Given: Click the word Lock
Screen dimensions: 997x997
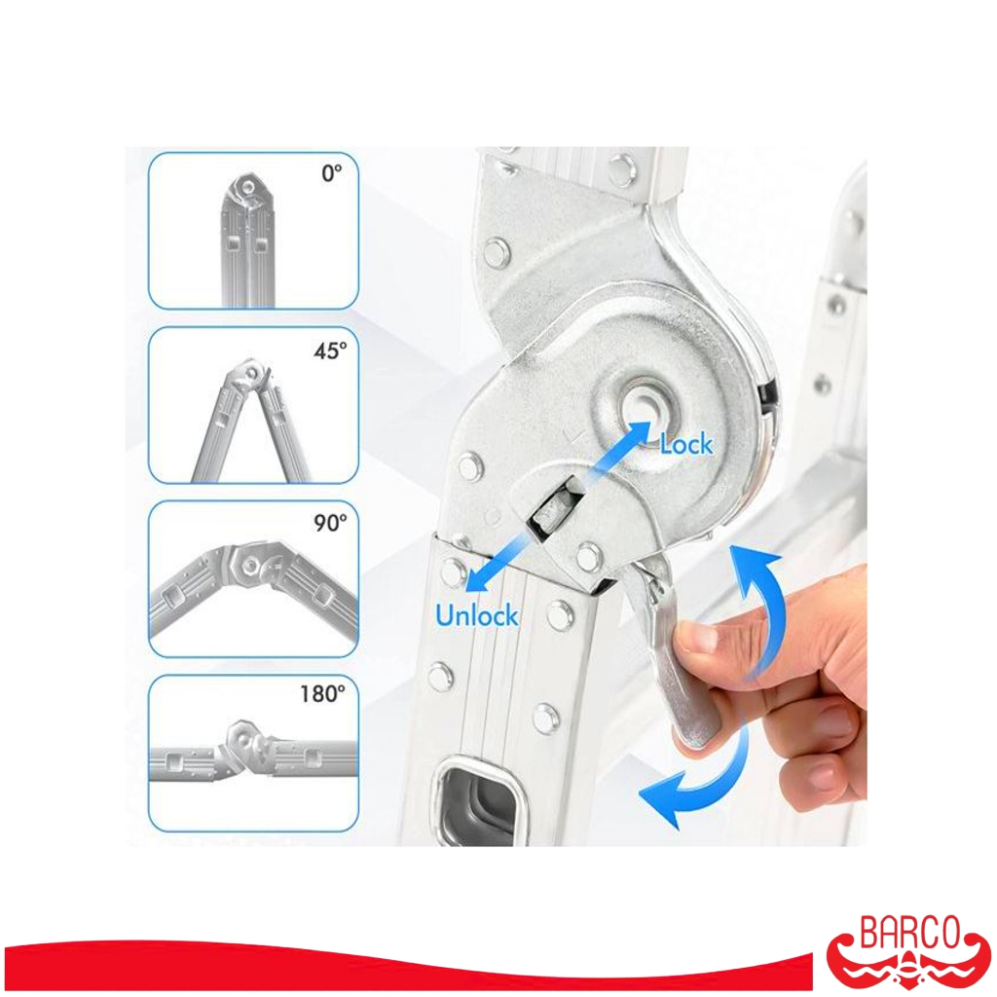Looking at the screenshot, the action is click(x=686, y=444).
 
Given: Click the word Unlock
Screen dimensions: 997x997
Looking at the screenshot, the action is click(x=477, y=615).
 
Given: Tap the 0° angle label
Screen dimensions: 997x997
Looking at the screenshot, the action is click(x=332, y=173).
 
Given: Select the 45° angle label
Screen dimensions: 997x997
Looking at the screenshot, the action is click(x=330, y=351).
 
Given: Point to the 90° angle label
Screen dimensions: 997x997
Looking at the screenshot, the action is click(x=330, y=523).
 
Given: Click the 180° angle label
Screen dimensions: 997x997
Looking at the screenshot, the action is click(x=323, y=693).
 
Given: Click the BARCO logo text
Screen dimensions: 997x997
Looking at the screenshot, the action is click(x=909, y=933).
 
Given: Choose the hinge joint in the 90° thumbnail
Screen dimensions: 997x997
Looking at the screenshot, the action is click(x=252, y=564).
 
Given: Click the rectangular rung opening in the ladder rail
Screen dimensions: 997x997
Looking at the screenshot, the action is click(x=481, y=800).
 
